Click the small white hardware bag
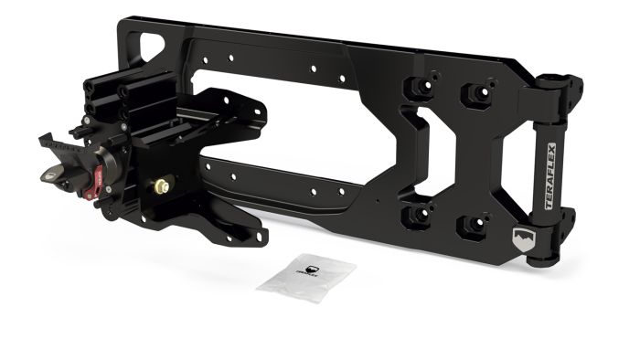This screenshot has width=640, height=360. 306,276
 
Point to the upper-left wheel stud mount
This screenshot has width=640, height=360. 420,88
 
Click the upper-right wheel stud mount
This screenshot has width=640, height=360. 475,94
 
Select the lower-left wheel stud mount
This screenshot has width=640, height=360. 419,214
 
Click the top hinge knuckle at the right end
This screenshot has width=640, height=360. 562,90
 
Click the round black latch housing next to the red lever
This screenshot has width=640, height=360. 108,162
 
